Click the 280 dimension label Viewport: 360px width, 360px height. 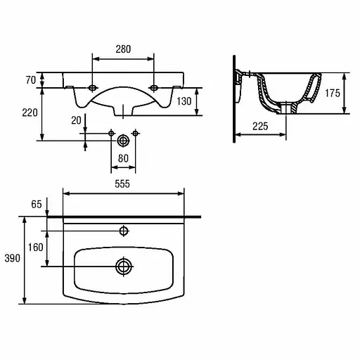123,49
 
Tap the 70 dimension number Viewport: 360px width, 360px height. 31,80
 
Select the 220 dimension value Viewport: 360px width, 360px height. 30,112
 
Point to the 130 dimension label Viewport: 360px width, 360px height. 184,101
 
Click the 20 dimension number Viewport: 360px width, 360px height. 76,120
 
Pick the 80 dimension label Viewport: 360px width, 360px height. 123,159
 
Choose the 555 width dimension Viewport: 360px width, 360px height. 122,184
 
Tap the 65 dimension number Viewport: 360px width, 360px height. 37,205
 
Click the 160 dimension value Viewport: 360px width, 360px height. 36,247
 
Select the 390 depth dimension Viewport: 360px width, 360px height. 13,258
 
